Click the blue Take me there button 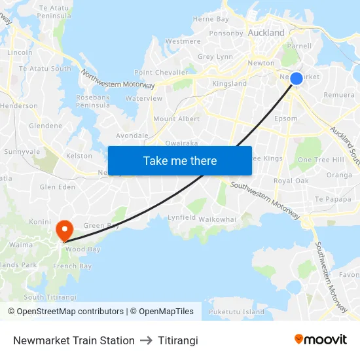pos(180,160)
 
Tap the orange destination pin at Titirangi pos(64,230)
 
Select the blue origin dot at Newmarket pos(296,79)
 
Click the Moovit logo pos(320,340)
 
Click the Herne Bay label pos(211,19)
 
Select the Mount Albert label pos(177,118)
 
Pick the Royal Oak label pos(291,181)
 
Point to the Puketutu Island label pos(237,312)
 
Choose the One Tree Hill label pos(321,160)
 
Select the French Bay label pos(72,266)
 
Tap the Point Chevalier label pos(161,72)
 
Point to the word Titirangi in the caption pos(178,340)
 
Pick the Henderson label pos(19,105)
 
